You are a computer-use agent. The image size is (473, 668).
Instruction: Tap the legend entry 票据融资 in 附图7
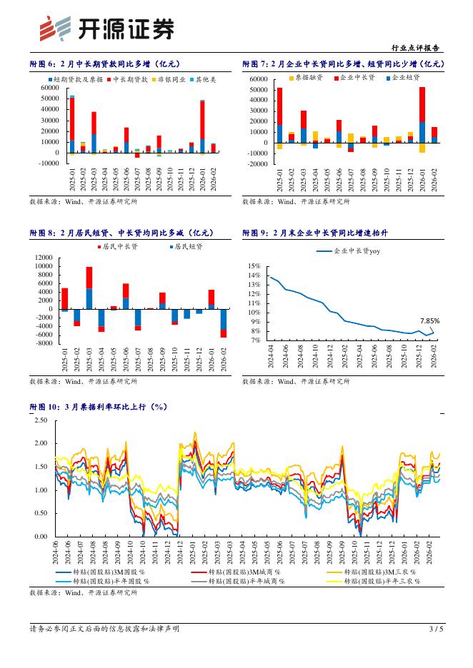307,77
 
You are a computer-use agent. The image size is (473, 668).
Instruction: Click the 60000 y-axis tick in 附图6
49,88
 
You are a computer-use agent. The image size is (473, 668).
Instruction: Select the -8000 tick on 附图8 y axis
44,343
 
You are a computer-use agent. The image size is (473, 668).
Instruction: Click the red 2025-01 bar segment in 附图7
279,106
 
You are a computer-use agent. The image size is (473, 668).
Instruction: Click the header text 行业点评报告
417,48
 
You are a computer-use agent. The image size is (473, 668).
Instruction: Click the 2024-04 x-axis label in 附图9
272,355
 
